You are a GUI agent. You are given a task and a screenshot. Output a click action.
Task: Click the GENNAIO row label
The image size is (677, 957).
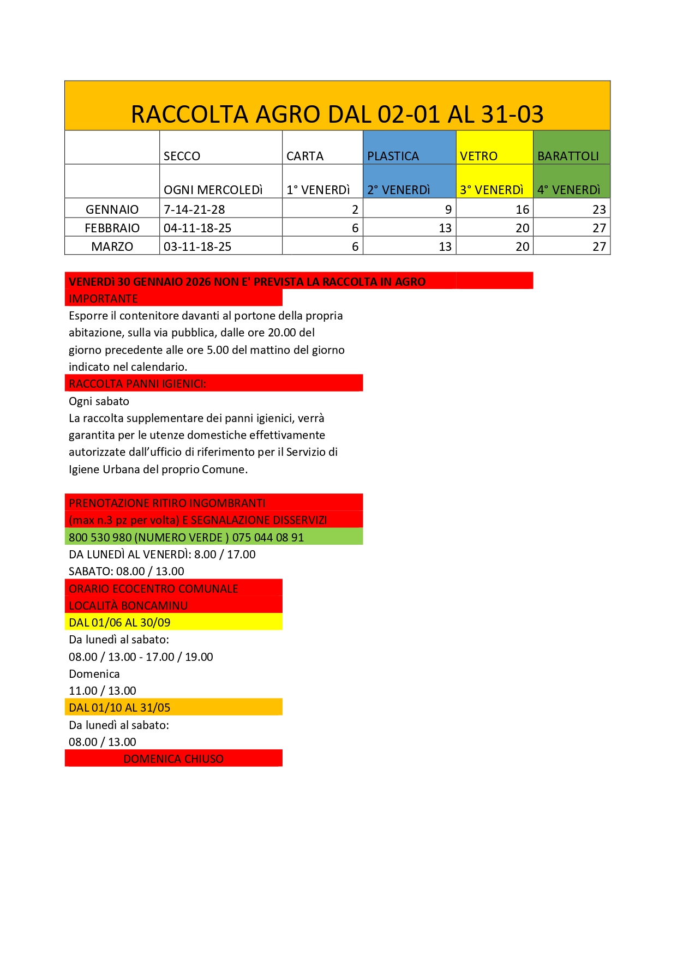[112, 209]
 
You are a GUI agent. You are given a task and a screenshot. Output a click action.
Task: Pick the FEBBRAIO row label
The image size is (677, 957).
[112, 228]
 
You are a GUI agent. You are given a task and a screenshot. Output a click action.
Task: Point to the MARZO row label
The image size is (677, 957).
[112, 246]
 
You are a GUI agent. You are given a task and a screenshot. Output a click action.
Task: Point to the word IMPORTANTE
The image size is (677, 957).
[103, 299]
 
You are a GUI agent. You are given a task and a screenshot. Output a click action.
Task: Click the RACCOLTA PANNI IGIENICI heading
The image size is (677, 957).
[137, 384]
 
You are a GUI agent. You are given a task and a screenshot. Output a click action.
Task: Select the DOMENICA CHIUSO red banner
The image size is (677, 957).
[173, 759]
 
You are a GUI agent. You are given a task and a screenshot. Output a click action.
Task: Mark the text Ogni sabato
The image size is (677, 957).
[99, 401]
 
